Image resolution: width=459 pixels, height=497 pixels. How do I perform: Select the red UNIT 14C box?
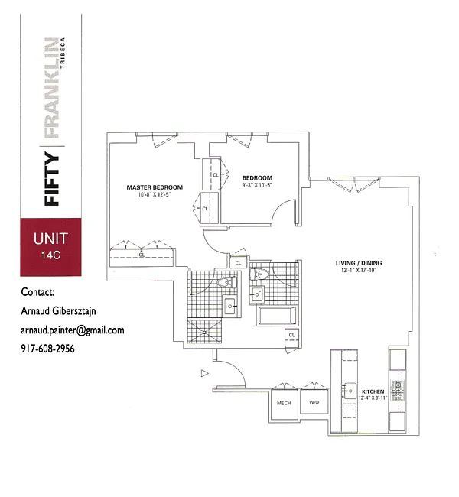[52, 246]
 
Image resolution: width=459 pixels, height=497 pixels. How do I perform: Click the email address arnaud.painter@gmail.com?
[73, 330]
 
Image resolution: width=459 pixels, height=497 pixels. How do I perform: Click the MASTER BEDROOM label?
[155, 187]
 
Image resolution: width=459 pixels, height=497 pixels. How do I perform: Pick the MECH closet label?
[283, 402]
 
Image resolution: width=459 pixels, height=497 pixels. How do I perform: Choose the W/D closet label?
[314, 402]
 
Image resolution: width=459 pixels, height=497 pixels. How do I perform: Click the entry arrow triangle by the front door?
[204, 373]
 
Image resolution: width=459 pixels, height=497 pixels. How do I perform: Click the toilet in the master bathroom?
[224, 282]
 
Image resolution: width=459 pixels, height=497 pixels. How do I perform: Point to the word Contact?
[38, 291]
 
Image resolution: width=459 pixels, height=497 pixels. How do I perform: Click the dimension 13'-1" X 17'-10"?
[359, 273]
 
